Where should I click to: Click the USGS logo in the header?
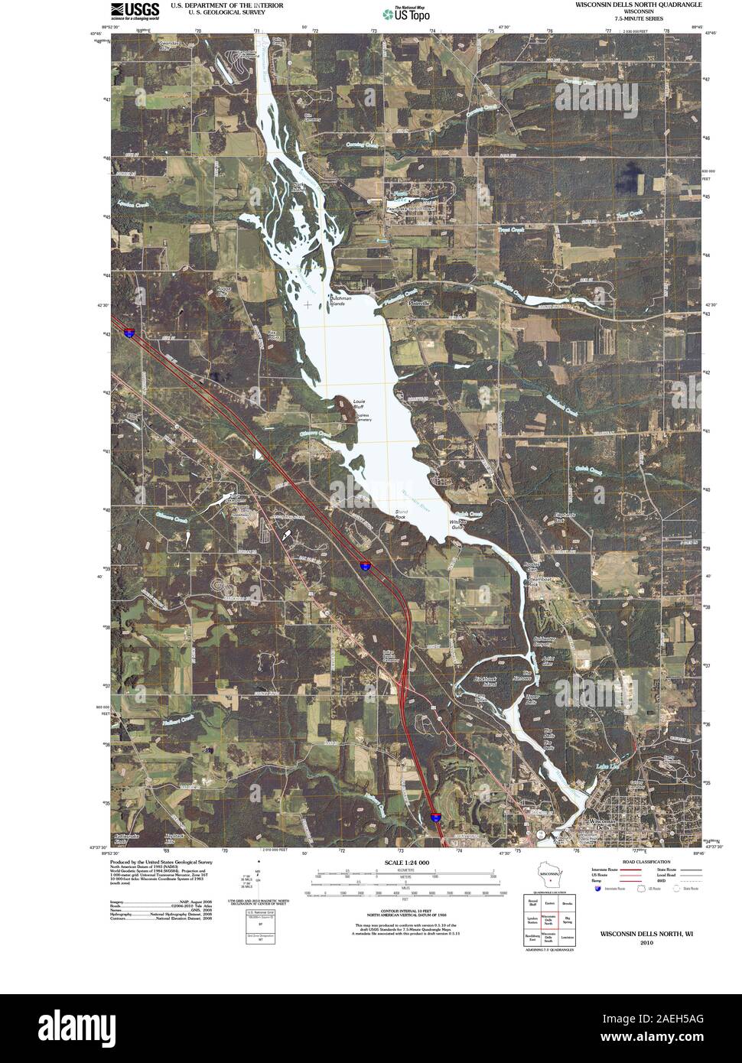coord(135,9)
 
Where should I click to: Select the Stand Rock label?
coord(400,515)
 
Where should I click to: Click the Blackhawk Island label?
coord(486,681)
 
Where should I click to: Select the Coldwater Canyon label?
coord(543,641)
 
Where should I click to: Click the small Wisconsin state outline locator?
coord(548,876)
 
